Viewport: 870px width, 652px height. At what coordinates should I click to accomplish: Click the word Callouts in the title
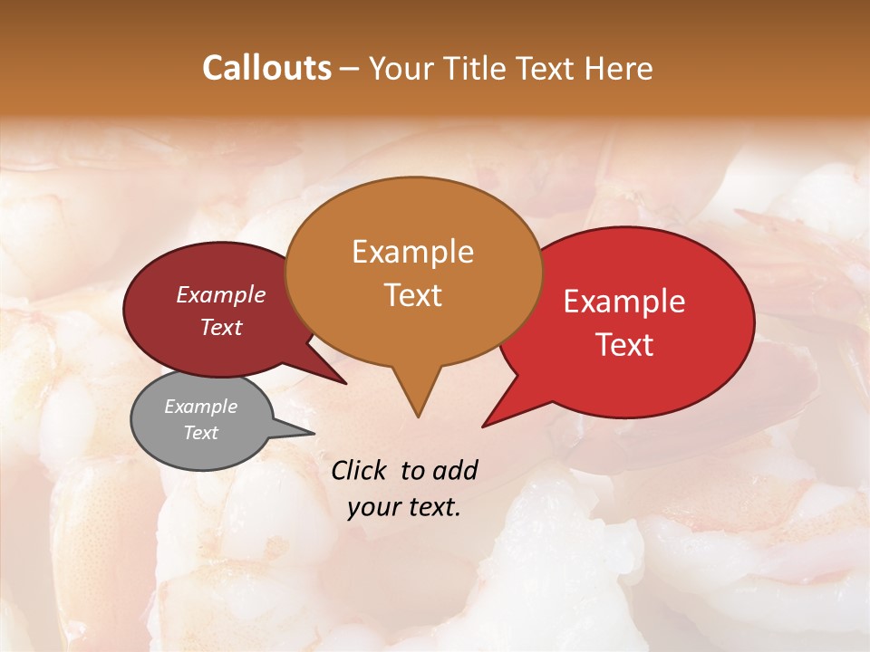pyautogui.click(x=266, y=69)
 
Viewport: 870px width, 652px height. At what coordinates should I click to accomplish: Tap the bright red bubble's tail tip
pyautogui.click(x=484, y=425)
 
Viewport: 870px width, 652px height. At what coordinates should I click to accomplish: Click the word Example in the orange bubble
pyautogui.click(x=413, y=252)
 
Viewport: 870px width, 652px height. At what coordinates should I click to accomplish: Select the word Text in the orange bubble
pyautogui.click(x=413, y=295)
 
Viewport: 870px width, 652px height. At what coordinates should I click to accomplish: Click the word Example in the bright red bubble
pyautogui.click(x=624, y=302)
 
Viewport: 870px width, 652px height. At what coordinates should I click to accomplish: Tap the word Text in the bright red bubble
pyautogui.click(x=625, y=345)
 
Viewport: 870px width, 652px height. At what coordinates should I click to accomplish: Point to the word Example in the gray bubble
pyautogui.click(x=201, y=407)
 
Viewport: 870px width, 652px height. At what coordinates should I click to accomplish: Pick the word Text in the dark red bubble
pyautogui.click(x=221, y=328)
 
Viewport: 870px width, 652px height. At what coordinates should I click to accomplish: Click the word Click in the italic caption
pyautogui.click(x=360, y=471)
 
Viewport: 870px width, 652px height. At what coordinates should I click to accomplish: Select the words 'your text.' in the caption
pyautogui.click(x=404, y=507)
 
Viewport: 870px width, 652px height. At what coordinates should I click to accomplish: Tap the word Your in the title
pyautogui.click(x=400, y=69)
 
